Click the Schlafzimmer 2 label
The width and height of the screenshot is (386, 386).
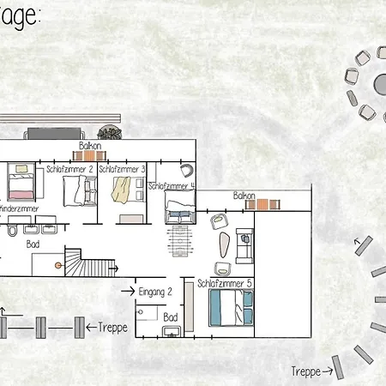(69, 170)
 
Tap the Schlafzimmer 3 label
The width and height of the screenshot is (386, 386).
(122, 170)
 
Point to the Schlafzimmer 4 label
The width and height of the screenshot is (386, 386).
(172, 185)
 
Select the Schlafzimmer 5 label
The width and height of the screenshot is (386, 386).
(225, 283)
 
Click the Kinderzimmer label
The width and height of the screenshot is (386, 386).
(17, 208)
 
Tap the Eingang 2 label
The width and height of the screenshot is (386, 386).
(155, 292)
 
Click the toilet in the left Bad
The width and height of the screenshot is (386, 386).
(9, 232)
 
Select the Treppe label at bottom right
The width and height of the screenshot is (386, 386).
(306, 371)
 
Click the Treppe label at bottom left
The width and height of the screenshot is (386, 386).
(113, 327)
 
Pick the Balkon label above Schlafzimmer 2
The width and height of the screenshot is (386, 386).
(92, 147)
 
